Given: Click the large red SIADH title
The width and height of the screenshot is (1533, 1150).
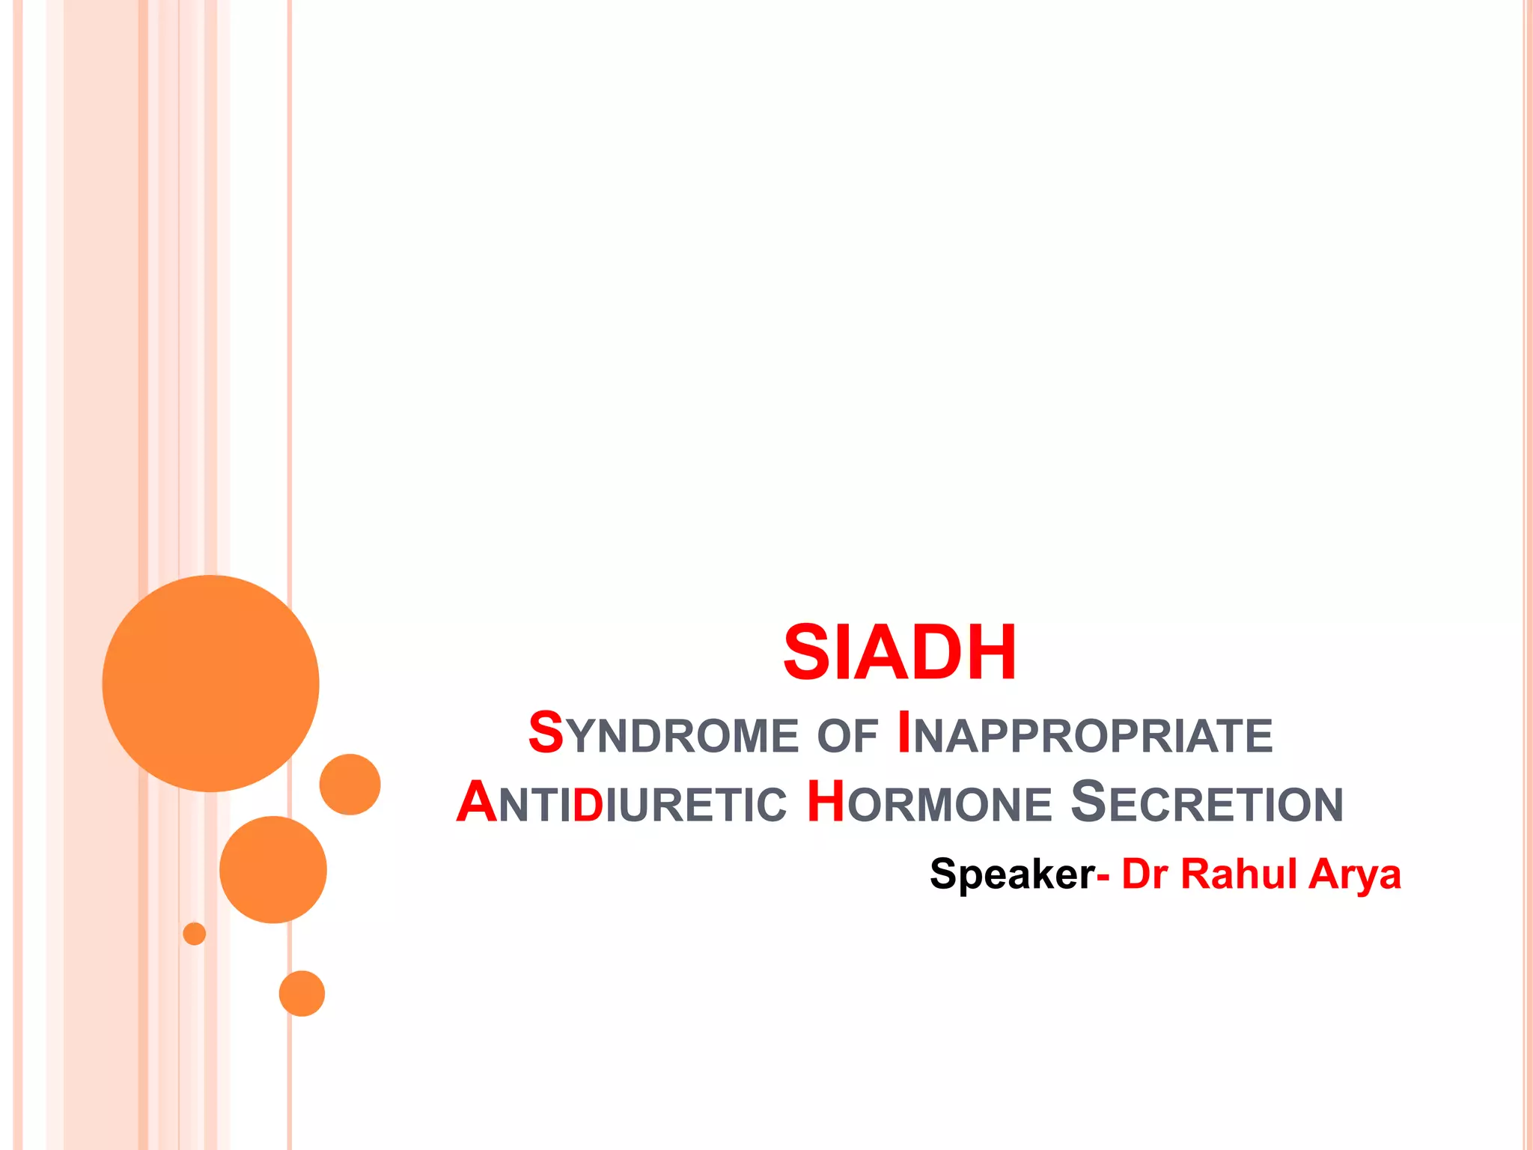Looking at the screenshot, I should click(899, 653).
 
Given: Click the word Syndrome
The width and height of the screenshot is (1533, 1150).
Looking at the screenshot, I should click(663, 734).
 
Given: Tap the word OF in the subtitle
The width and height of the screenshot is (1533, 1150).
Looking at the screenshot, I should click(847, 736).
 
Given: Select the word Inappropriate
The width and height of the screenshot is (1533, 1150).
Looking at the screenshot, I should click(1084, 734).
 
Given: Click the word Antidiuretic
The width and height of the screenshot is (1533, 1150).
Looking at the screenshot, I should click(621, 803).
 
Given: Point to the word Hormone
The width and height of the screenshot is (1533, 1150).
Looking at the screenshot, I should click(929, 803).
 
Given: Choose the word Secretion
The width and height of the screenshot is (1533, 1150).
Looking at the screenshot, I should click(1207, 803).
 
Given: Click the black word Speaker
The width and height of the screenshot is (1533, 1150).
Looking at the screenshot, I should click(1011, 874).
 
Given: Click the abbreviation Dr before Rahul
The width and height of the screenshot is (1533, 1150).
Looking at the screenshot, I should click(1144, 874).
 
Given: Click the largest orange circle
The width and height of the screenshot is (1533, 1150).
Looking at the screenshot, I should click(210, 683).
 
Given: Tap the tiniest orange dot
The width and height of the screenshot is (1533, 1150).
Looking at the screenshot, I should click(195, 934).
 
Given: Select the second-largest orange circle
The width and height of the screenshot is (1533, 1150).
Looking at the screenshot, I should click(273, 869).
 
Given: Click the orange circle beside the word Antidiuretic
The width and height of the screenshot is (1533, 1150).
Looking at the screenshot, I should click(350, 784).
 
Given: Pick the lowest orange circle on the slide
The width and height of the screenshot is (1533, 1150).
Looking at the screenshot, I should click(302, 994).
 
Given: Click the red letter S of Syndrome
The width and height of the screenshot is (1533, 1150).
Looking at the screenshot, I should click(546, 732).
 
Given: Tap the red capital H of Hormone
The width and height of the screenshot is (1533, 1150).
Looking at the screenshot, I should click(826, 802).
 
